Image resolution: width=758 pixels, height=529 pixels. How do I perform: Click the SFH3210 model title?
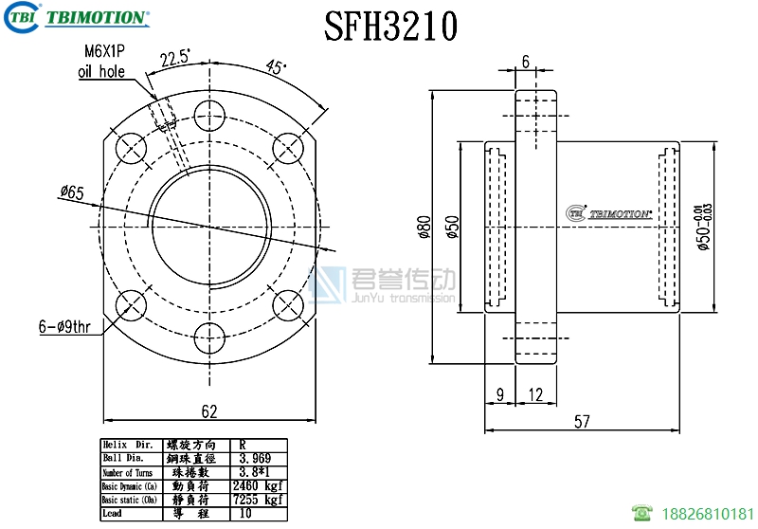pos(391,26)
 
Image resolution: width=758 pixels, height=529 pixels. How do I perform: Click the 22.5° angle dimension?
pos(175,58)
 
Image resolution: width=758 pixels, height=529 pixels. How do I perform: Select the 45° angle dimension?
pos(276,67)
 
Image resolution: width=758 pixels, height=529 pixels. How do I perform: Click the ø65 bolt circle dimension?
pos(71,193)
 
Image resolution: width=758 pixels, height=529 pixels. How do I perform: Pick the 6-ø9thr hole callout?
pos(65,326)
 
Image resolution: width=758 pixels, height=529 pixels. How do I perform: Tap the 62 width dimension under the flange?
pos(209,411)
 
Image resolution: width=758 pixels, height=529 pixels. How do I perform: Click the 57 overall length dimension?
pos(583,421)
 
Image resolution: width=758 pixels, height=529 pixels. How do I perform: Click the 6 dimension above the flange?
pos(526,62)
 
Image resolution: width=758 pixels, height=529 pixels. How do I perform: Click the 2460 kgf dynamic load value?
pos(257,486)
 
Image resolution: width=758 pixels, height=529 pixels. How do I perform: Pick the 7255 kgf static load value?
pos(257,500)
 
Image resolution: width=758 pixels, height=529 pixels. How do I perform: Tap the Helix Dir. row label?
pos(128,445)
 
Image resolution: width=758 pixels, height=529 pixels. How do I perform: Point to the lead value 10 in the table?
pos(245,513)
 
